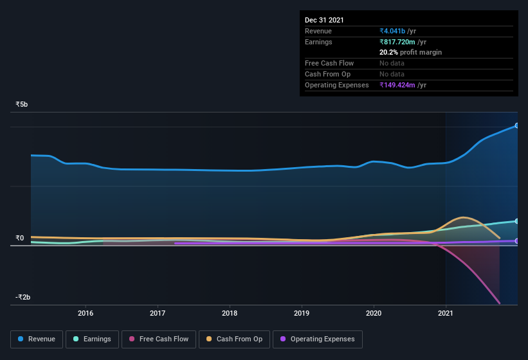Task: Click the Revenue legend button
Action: [37, 339]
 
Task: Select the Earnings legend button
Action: [92, 339]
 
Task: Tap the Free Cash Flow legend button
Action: [158, 339]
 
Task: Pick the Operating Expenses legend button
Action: [317, 339]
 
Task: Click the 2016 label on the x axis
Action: [86, 314]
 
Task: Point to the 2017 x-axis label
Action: [158, 314]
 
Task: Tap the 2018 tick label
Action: [230, 314]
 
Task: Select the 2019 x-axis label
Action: [302, 314]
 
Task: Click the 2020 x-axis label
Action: [374, 314]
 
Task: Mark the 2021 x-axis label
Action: [446, 314]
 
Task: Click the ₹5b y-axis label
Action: [22, 104]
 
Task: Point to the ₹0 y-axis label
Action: [20, 238]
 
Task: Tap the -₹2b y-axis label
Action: [23, 297]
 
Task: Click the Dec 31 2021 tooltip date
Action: [324, 20]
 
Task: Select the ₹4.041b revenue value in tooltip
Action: [392, 31]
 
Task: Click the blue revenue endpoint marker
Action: [516, 125]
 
